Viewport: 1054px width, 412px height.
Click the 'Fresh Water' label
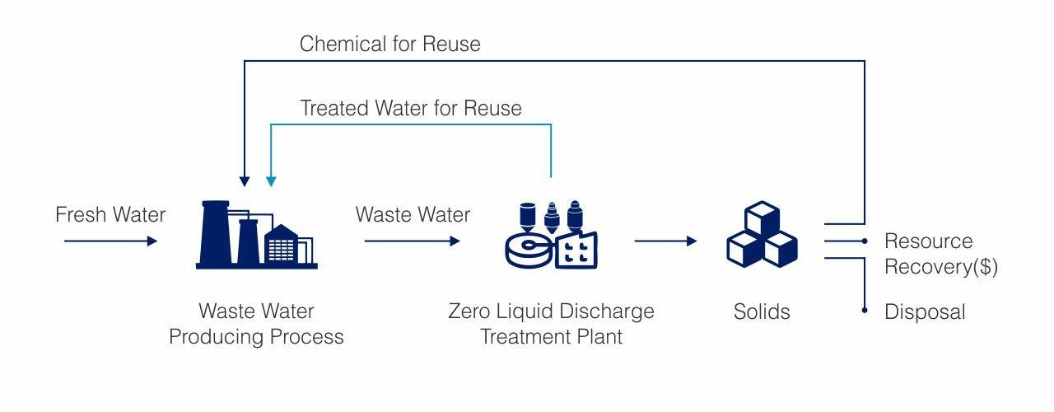[x=110, y=215]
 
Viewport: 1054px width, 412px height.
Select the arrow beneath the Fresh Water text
[x=110, y=241]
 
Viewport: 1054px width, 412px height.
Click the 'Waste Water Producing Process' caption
[x=256, y=325]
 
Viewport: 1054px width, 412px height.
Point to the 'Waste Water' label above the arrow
[x=413, y=215]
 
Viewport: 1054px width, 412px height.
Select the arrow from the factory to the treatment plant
[x=412, y=241]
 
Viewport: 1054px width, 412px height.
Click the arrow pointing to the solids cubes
[x=665, y=241]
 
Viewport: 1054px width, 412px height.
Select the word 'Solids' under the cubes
[x=762, y=312]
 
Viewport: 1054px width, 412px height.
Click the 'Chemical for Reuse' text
[x=389, y=44]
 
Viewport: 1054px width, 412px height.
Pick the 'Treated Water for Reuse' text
[x=410, y=108]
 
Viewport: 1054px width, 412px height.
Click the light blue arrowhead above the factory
[x=271, y=180]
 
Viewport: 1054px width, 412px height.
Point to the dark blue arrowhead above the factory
[x=244, y=180]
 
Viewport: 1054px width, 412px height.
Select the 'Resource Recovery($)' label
[x=940, y=255]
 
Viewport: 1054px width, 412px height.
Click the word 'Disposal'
[x=924, y=312]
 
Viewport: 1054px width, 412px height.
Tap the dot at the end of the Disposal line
[x=865, y=311]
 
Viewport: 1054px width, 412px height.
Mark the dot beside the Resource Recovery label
[x=865, y=241]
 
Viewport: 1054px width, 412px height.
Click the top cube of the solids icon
[x=762, y=218]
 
